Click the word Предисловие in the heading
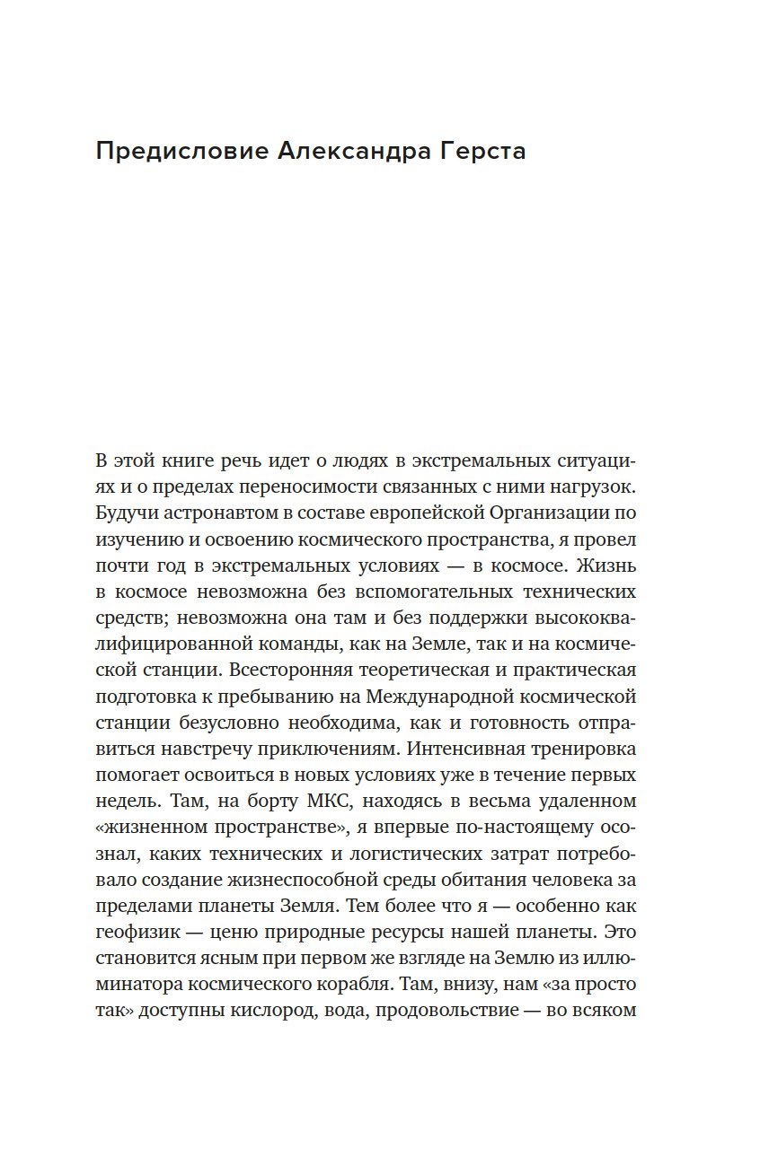click(x=180, y=151)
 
